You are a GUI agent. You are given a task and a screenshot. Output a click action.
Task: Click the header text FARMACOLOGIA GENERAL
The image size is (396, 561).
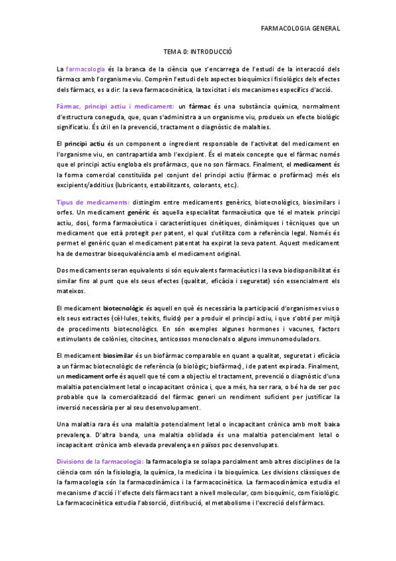pyautogui.click(x=301, y=28)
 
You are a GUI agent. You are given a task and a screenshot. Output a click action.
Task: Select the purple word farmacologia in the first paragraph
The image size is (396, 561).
pyautogui.click(x=85, y=68)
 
